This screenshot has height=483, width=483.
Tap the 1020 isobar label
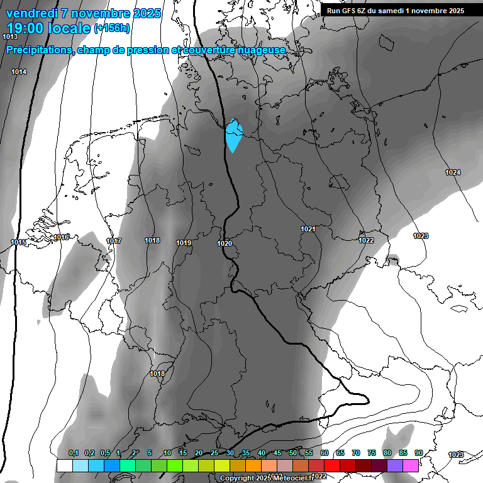225,243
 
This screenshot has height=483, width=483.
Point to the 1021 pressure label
308,230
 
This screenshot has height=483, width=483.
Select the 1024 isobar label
453,172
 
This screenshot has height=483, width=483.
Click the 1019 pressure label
184,243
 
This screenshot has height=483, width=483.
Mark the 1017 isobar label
114,241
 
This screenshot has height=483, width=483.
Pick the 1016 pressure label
61,237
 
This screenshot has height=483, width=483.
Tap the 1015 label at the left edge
18,243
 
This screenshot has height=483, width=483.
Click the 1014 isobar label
19,72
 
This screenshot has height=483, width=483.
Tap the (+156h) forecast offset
112,28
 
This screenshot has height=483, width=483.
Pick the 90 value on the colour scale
418,453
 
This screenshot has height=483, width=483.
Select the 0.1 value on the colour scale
74,453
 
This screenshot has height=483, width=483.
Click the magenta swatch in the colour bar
411,465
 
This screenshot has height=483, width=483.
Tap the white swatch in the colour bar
64,465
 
